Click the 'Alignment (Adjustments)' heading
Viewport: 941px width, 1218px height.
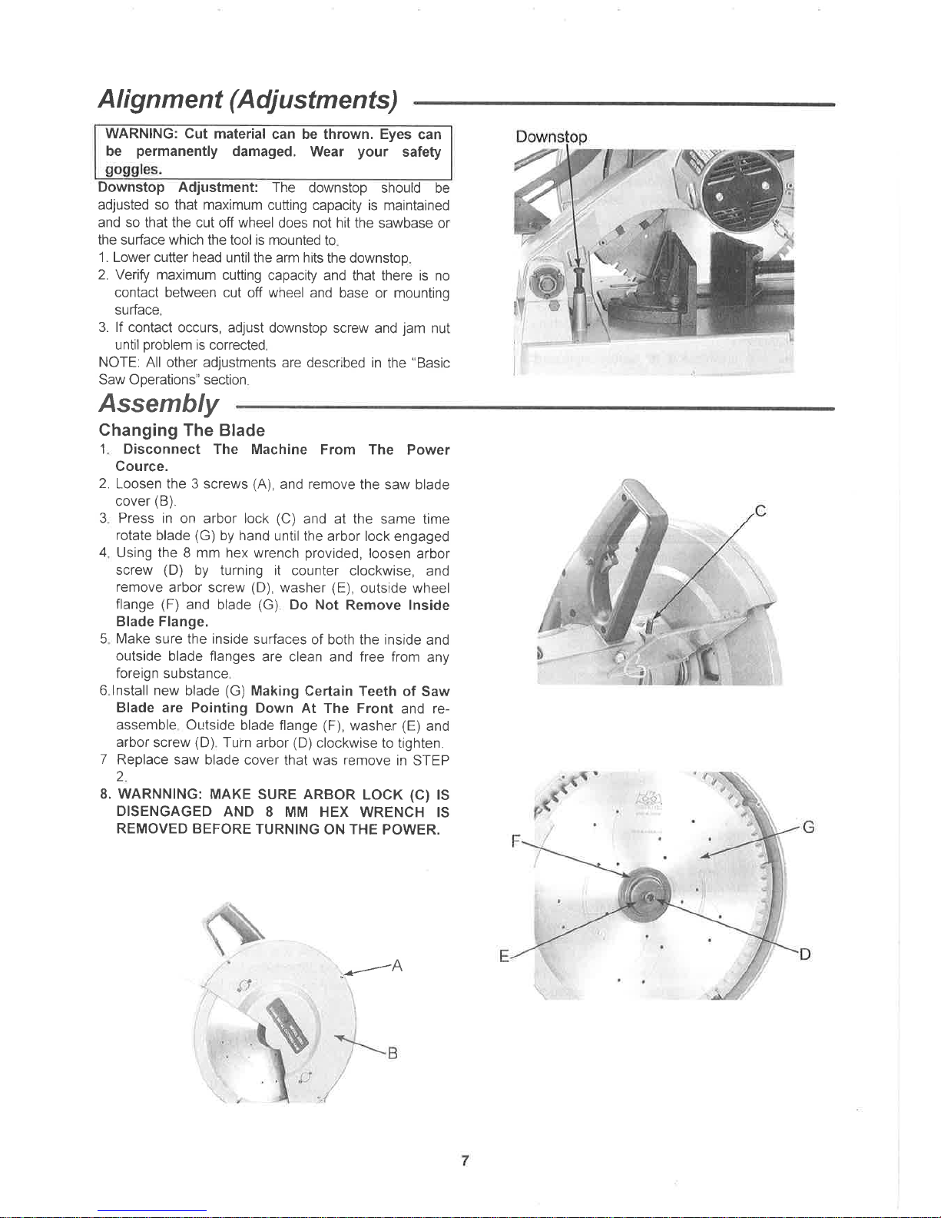[248, 100]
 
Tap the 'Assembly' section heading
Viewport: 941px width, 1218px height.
[158, 403]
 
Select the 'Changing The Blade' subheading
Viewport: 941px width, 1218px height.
[182, 430]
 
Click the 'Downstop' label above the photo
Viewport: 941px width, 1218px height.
[552, 137]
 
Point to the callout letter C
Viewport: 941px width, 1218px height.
[760, 511]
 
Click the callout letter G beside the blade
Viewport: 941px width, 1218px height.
[808, 828]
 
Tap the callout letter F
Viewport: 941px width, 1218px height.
[516, 841]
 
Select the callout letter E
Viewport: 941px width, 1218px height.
[504, 956]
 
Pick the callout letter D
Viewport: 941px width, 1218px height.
[805, 954]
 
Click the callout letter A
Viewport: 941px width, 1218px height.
[397, 966]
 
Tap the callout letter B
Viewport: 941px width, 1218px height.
[393, 1054]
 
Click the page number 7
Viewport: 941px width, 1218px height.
[465, 1160]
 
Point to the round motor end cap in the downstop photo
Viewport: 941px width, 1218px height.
[744, 194]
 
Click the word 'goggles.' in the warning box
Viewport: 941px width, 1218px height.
[134, 169]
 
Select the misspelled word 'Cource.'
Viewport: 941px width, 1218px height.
[141, 467]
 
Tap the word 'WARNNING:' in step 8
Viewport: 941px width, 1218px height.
[161, 795]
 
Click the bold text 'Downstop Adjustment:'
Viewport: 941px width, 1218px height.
[178, 188]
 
